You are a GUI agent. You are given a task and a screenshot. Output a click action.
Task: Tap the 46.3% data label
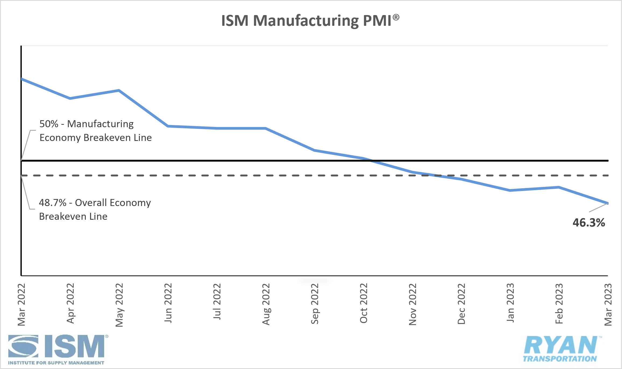tap(588, 223)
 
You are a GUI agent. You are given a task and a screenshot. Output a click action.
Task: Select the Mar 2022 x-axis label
tap(21, 304)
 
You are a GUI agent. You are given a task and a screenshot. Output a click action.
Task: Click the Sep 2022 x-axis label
tap(315, 304)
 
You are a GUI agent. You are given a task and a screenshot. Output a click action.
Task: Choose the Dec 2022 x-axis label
tap(461, 304)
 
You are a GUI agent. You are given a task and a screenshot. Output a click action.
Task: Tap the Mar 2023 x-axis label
tap(608, 304)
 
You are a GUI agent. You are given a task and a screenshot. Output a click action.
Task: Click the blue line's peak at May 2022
tap(119, 90)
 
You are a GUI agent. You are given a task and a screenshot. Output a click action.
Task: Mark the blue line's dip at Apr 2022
tap(70, 98)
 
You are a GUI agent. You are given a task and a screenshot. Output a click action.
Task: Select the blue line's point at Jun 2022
tap(168, 126)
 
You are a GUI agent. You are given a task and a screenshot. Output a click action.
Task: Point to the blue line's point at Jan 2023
tap(510, 190)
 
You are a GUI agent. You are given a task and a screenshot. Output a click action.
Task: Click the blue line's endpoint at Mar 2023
tap(607, 203)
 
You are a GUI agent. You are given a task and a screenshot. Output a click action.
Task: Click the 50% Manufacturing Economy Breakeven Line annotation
tap(95, 131)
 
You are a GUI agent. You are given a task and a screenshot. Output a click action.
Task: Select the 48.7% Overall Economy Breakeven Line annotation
tap(95, 209)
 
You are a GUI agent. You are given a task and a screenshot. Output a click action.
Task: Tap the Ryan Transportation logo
tap(561, 349)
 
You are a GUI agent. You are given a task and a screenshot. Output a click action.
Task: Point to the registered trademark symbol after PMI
tap(396, 17)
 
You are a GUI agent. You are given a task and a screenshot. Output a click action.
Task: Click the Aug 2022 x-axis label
tap(266, 304)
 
